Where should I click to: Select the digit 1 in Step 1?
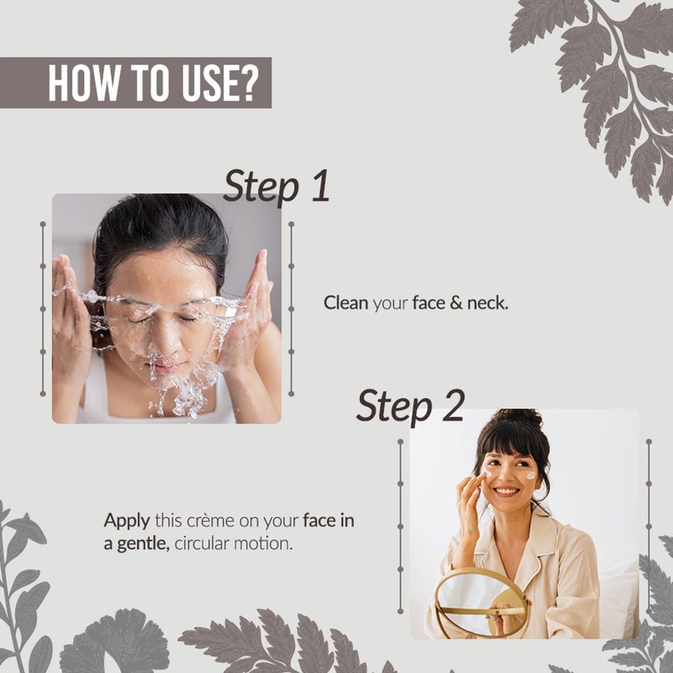point(321,185)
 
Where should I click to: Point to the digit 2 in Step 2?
point(453,406)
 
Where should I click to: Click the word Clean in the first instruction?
point(346,303)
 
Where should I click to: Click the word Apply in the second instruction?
point(127,521)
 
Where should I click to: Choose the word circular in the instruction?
point(202,544)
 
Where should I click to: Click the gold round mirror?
point(482,603)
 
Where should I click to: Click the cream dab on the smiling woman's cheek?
point(531,475)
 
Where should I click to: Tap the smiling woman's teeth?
point(507,490)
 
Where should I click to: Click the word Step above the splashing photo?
point(261,187)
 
